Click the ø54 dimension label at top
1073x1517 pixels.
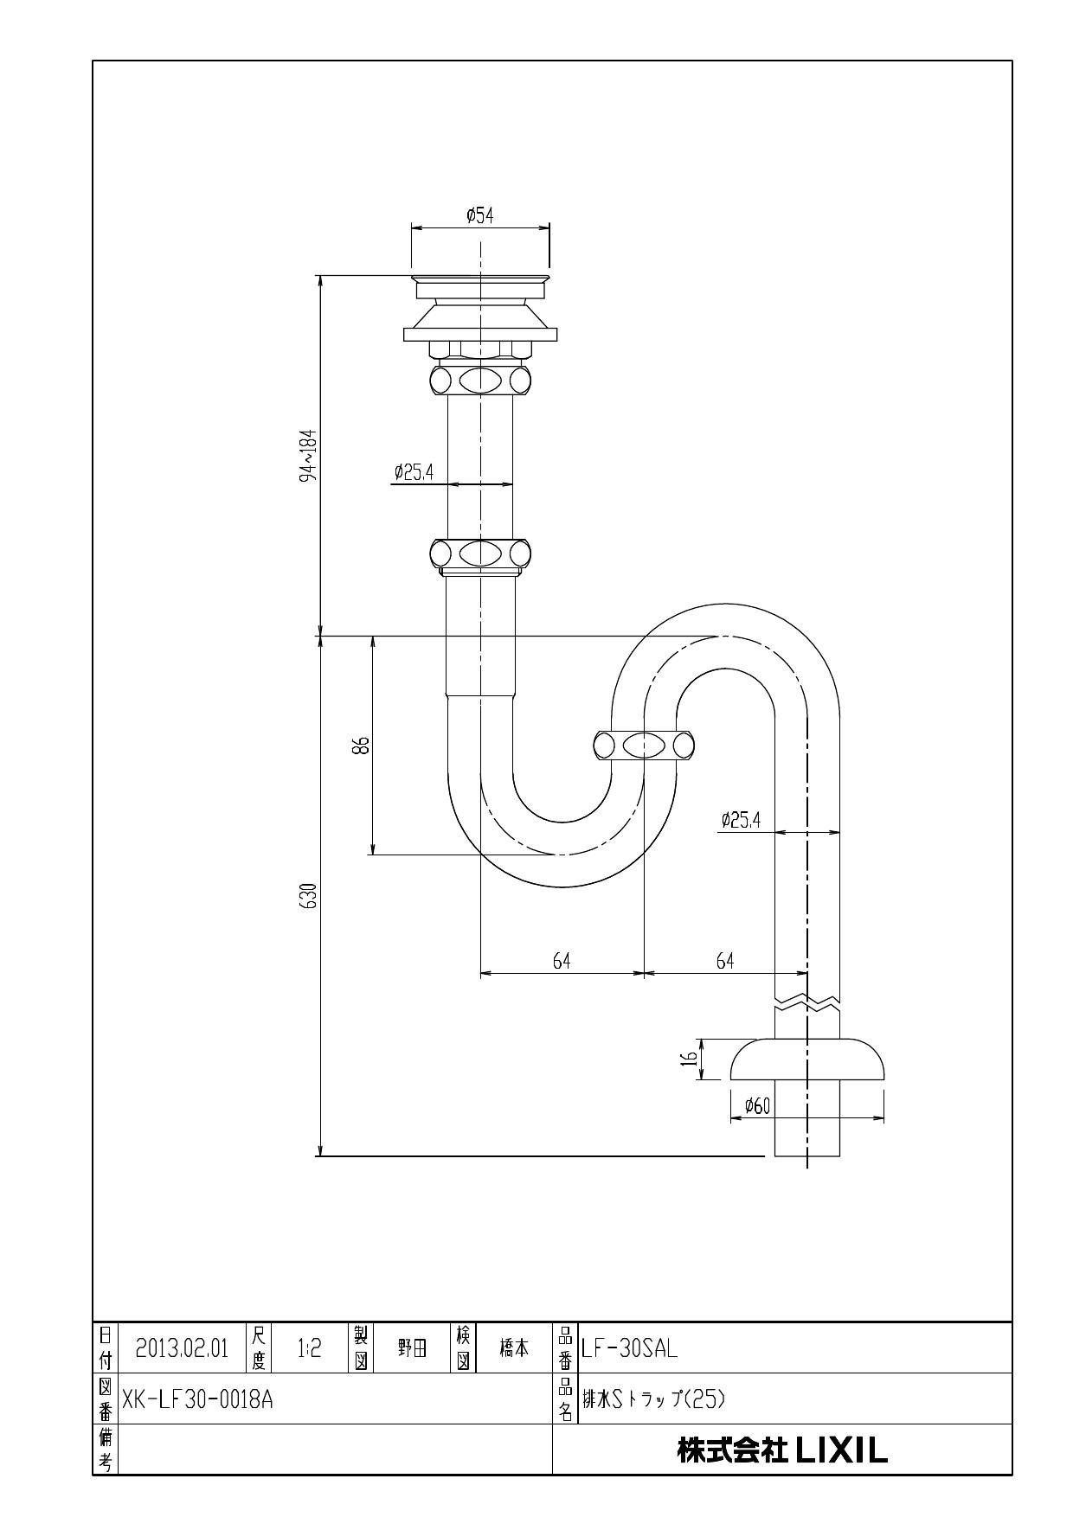(x=479, y=215)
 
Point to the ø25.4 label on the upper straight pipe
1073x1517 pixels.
(x=414, y=472)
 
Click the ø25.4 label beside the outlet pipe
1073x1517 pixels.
(x=741, y=820)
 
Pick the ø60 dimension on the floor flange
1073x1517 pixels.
(x=757, y=1106)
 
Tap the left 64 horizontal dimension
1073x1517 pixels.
(x=562, y=961)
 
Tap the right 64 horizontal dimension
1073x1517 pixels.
(x=725, y=961)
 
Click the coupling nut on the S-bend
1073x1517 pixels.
(x=645, y=745)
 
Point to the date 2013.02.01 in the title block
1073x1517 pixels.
(x=182, y=1348)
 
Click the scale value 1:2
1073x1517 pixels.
(x=309, y=1348)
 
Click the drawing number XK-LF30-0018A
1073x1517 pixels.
(x=197, y=1399)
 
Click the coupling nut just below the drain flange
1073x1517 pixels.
(x=479, y=379)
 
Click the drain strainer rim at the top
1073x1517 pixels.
(x=479, y=278)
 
